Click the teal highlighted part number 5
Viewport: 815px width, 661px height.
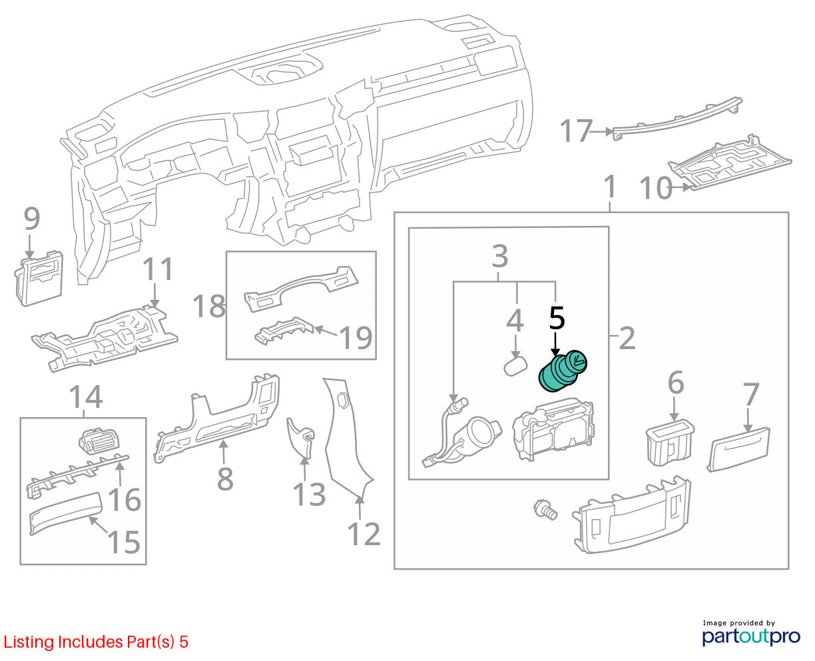(x=562, y=371)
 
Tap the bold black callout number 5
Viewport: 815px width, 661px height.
(x=557, y=319)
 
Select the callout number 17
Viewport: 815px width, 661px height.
(x=576, y=131)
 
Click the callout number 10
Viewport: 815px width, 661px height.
(x=656, y=188)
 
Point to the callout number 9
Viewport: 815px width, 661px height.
(x=32, y=219)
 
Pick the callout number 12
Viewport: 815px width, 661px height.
(x=364, y=534)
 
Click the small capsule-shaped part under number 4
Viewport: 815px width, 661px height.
(x=515, y=366)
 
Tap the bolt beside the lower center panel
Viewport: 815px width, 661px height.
(x=545, y=510)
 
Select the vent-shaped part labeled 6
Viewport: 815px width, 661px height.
(x=670, y=442)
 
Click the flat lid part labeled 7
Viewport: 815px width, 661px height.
(x=738, y=449)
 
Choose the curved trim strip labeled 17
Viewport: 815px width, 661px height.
(x=677, y=118)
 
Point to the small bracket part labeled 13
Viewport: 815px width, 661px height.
(x=300, y=437)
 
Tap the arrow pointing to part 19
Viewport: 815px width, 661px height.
(x=326, y=331)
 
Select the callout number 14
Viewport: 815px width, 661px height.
(x=86, y=396)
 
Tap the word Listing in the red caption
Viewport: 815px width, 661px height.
(x=29, y=642)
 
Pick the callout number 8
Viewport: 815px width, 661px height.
(x=225, y=478)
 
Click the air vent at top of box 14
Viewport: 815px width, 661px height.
(x=99, y=441)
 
